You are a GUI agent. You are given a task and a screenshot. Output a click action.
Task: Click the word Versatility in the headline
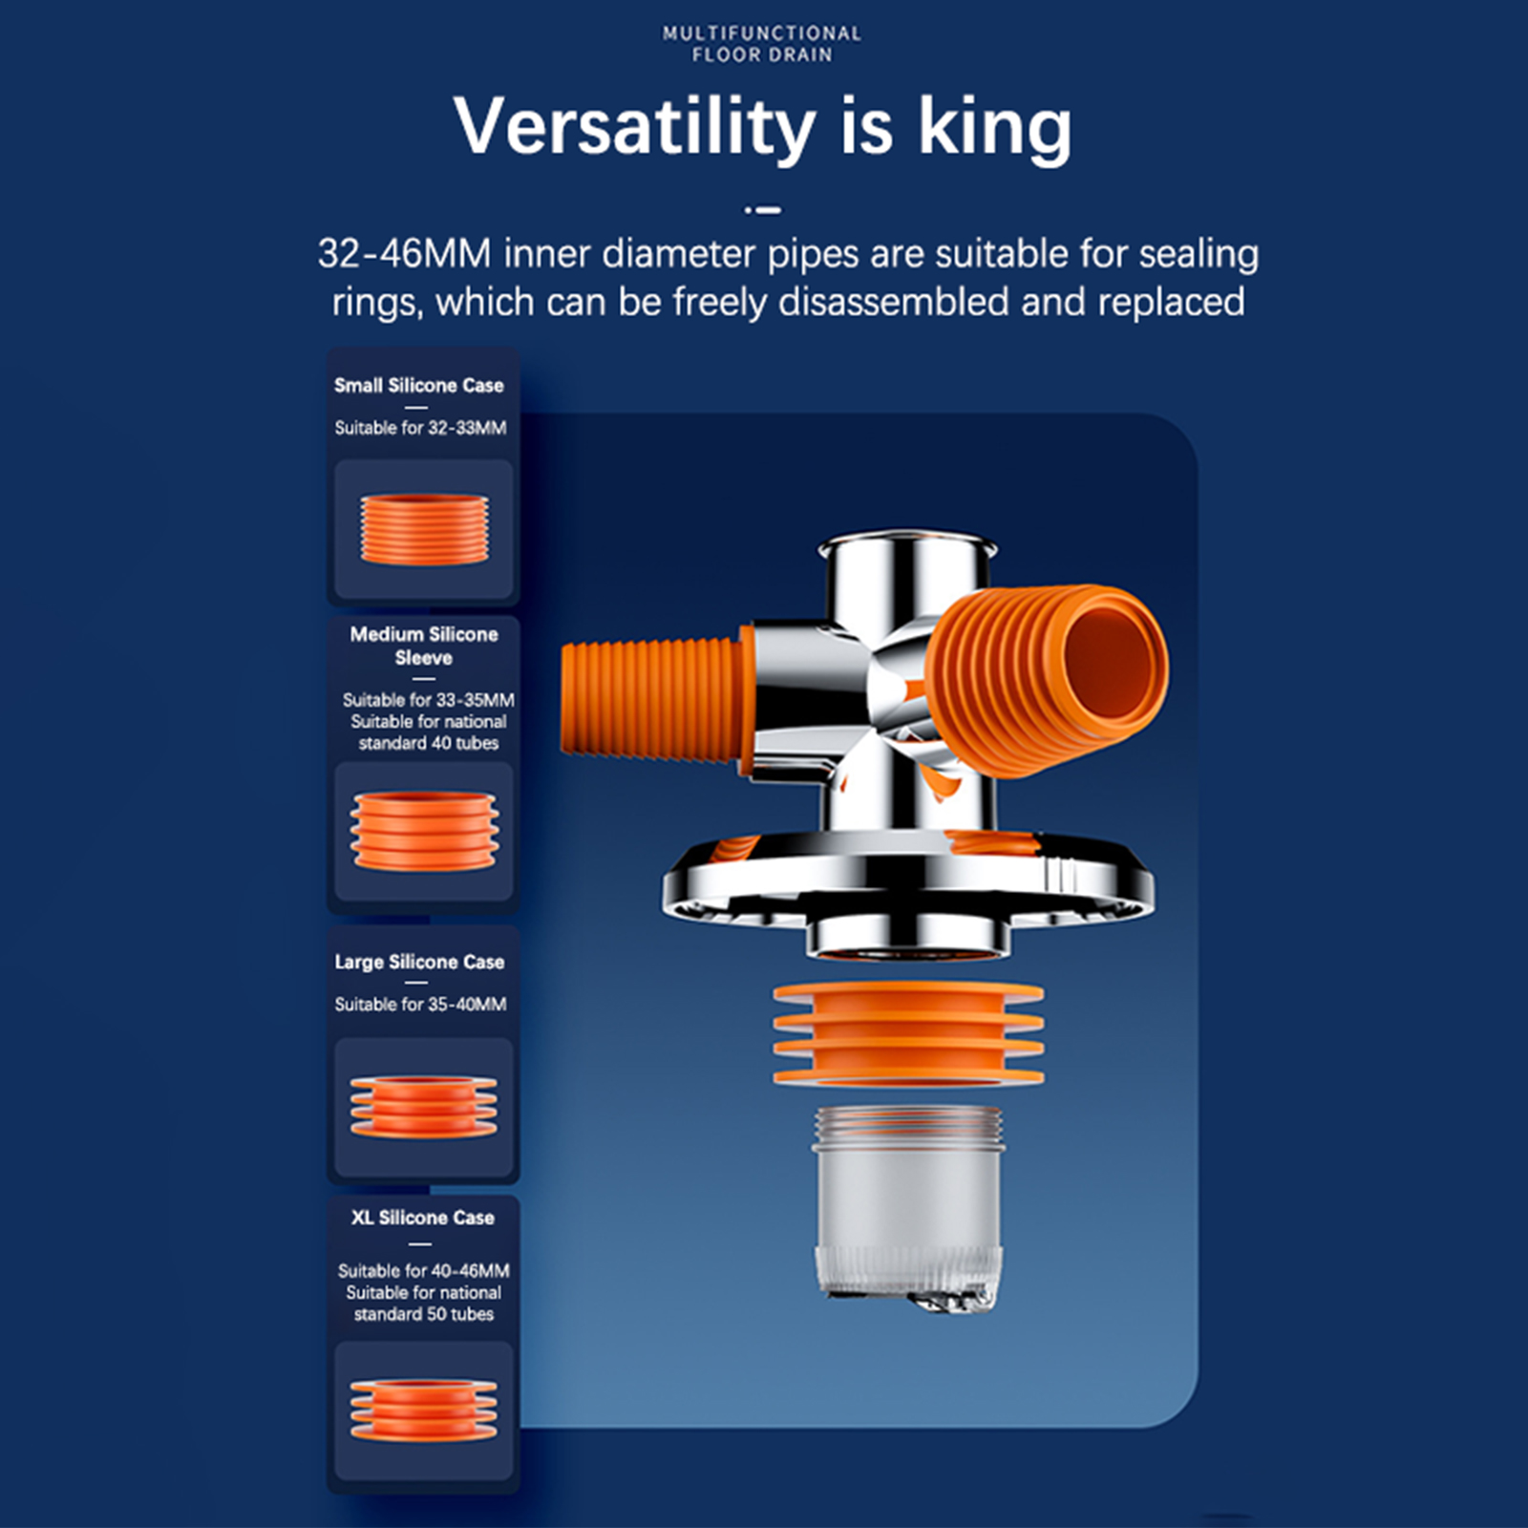point(634,127)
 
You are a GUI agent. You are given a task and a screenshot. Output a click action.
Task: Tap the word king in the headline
point(995,127)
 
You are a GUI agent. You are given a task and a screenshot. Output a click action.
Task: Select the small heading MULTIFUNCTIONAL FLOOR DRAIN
point(762,44)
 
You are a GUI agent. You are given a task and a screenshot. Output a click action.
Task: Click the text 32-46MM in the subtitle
point(404,254)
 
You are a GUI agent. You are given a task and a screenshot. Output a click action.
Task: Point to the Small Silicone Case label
point(418,386)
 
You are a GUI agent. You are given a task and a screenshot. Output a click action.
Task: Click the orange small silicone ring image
point(424,529)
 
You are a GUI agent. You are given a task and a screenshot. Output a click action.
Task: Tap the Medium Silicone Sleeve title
point(424,646)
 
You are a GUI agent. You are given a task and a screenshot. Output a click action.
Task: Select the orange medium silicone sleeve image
point(424,831)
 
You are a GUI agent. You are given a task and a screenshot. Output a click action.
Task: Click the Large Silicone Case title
point(419,962)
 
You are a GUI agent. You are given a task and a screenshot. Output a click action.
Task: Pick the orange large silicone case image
point(424,1106)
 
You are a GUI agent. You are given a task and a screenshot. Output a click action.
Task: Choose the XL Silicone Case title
point(422,1218)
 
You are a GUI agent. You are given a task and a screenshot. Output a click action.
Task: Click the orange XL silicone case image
point(424,1410)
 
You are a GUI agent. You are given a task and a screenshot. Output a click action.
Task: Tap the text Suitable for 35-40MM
point(420,1005)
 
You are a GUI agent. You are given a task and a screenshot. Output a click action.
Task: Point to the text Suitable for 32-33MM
point(420,428)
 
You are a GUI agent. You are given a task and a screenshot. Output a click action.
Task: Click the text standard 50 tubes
point(424,1314)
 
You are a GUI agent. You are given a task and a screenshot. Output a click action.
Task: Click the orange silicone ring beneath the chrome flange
point(907,1035)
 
